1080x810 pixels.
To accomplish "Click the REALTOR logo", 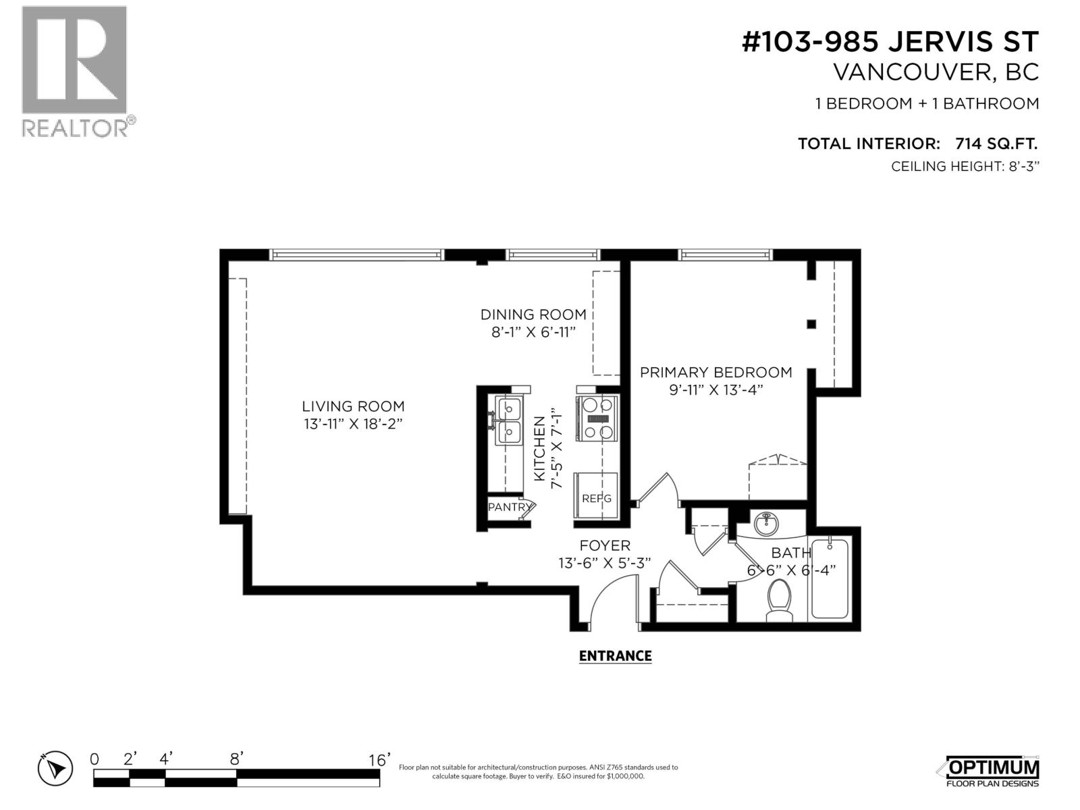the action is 74,71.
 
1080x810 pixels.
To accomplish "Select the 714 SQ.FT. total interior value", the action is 996,143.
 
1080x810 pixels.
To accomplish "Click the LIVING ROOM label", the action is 353,406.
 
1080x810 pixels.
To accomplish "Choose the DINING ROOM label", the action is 533,315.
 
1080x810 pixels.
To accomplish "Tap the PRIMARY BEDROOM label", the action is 715,372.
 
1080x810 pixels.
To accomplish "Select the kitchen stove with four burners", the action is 597,418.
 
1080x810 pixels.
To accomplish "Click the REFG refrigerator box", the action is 596,497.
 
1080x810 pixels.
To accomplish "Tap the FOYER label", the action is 604,545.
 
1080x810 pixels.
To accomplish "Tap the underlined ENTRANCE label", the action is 615,656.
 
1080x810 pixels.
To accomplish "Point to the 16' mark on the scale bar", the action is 379,760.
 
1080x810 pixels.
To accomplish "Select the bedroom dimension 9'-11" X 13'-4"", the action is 715,389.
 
